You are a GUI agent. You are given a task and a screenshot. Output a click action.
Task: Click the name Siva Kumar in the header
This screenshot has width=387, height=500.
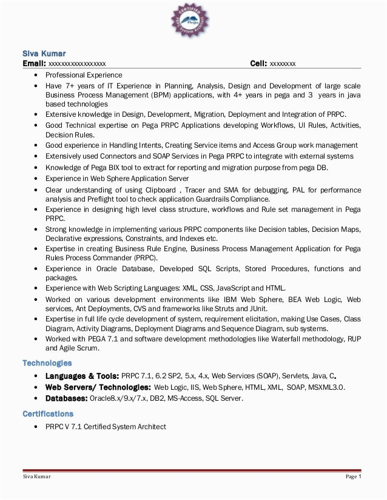click(x=44, y=53)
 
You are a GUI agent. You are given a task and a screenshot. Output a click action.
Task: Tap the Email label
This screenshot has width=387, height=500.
click(x=34, y=64)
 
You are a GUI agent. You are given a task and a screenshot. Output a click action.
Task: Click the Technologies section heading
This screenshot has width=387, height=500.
click(x=47, y=363)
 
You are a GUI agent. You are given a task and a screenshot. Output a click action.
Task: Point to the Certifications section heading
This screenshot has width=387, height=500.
click(x=48, y=414)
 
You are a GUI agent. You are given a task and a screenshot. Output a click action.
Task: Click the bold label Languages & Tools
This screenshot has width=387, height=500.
click(x=82, y=377)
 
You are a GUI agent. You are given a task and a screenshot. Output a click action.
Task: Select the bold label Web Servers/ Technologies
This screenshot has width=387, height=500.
click(x=98, y=387)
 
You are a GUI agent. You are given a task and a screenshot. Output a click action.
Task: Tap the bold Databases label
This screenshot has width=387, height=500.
click(x=66, y=398)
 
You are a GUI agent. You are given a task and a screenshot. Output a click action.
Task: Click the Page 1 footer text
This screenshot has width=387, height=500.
click(x=353, y=476)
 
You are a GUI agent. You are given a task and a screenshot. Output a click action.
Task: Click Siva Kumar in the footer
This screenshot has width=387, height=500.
click(x=37, y=476)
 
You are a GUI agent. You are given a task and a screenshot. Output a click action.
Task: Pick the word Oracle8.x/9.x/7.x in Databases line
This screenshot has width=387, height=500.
click(x=118, y=398)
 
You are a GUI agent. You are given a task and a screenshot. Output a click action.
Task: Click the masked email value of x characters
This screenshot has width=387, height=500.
click(x=77, y=64)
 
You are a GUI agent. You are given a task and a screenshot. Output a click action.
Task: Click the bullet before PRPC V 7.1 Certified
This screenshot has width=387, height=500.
click(x=36, y=427)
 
